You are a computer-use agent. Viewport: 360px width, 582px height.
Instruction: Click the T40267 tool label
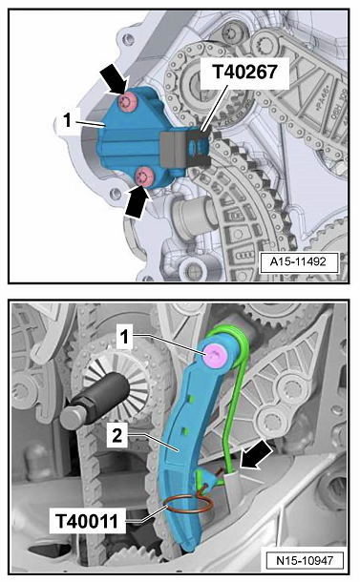click(x=244, y=72)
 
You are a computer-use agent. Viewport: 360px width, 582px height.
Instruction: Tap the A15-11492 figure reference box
click(x=299, y=262)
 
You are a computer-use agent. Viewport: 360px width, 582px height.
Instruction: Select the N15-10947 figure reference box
click(x=305, y=560)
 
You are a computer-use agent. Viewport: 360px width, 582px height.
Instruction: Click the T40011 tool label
click(x=87, y=521)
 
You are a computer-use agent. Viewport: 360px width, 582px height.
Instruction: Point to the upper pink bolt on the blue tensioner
click(x=128, y=102)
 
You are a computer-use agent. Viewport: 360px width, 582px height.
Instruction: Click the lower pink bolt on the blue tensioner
click(x=144, y=176)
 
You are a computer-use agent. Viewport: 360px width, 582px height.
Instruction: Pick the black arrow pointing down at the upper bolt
click(x=116, y=78)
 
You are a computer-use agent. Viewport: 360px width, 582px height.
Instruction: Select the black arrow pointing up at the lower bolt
click(x=139, y=201)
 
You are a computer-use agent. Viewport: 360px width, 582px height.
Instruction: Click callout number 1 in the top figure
click(x=67, y=119)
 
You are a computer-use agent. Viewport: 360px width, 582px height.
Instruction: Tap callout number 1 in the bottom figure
click(x=124, y=337)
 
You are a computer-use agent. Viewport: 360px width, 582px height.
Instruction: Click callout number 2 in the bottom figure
click(x=117, y=435)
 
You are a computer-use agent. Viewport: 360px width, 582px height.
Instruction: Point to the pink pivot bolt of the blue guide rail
click(x=214, y=355)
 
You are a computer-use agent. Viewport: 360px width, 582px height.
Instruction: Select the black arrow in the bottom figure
click(x=257, y=454)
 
